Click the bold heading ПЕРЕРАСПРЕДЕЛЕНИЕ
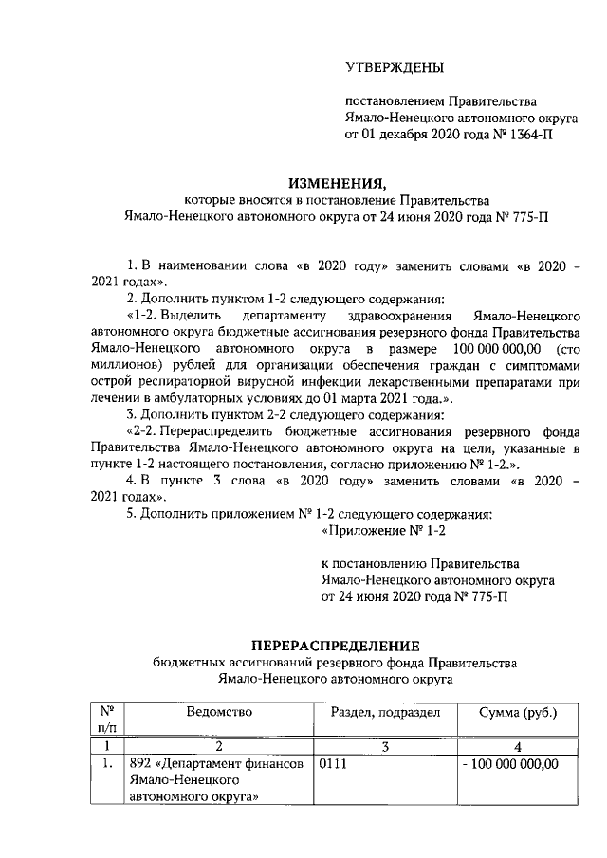point(329,646)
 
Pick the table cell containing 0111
point(334,765)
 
